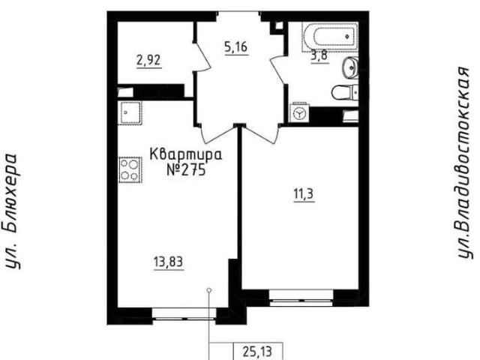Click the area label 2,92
click(x=148, y=60)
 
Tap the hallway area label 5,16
click(x=235, y=47)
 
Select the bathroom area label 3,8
click(x=319, y=55)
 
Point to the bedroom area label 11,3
click(x=304, y=194)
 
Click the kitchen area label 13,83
click(x=168, y=262)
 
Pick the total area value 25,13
click(x=257, y=352)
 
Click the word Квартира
click(x=186, y=154)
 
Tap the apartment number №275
click(x=186, y=169)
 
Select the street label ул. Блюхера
click(x=12, y=211)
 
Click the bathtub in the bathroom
click(x=330, y=37)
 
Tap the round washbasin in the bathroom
click(x=350, y=67)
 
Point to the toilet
click(x=345, y=91)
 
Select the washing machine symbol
click(x=299, y=113)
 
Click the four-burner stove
click(x=130, y=169)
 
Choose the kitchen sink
click(x=130, y=112)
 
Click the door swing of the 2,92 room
click(x=202, y=56)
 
